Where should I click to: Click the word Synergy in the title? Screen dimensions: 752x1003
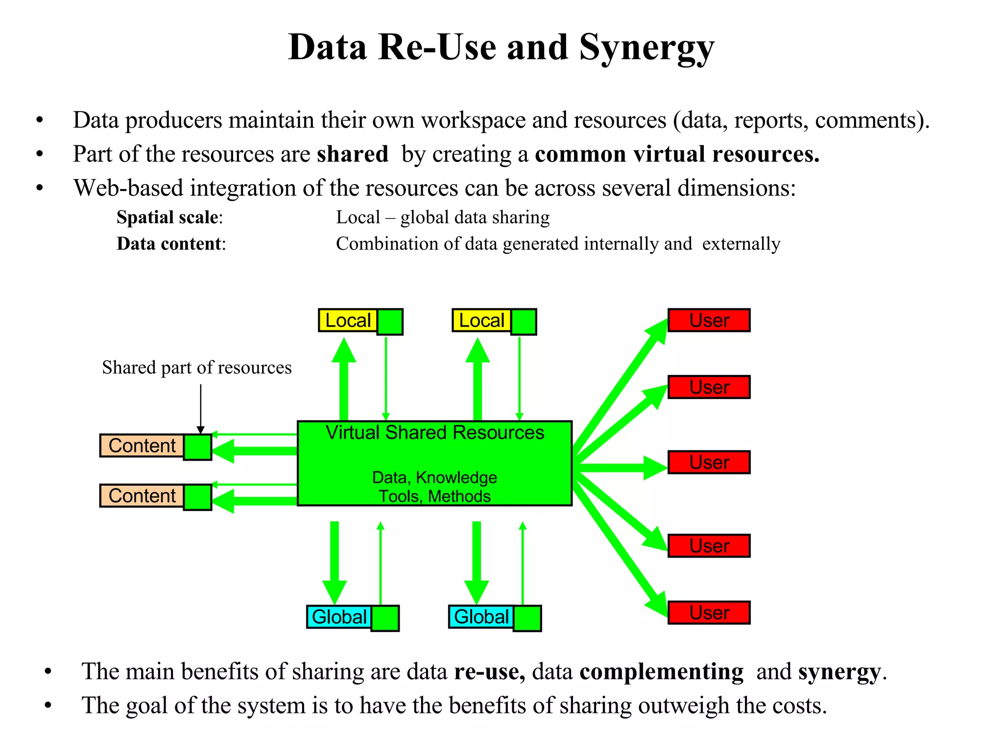pos(646,48)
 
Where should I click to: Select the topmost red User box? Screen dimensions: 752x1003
pos(709,320)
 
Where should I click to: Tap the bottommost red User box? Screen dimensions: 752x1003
pos(709,612)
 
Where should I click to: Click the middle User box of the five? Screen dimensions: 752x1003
pos(709,462)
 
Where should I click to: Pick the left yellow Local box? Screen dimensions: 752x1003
pos(348,320)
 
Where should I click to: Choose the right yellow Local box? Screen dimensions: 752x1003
pos(481,320)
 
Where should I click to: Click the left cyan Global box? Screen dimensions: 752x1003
pos(339,616)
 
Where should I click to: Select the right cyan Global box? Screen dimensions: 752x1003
pos(481,616)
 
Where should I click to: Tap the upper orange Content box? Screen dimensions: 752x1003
pos(142,446)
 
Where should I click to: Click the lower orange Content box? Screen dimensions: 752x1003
pos(142,495)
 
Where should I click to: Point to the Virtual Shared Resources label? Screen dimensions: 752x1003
pos(435,433)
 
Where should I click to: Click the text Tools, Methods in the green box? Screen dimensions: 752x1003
pos(435,496)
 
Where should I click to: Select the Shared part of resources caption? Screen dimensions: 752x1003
pos(196,367)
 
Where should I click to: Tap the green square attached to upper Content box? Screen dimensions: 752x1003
pos(198,447)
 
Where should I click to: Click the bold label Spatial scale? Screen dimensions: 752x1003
pos(167,217)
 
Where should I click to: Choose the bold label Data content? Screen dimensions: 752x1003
pos(169,243)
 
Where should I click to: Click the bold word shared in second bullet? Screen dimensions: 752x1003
pos(352,154)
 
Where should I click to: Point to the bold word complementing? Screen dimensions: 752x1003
pos(661,671)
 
